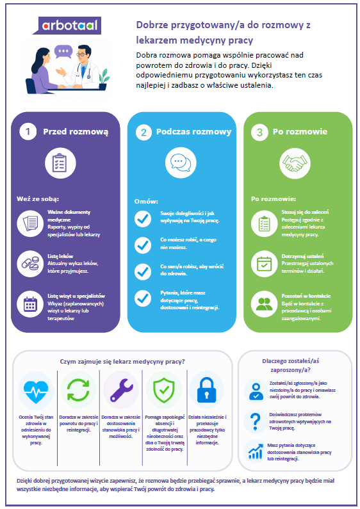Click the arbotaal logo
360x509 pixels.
coord(67,26)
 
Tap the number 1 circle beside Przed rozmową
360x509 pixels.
coord(28,132)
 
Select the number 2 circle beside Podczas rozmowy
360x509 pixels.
coord(143,133)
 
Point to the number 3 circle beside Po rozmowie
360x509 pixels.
coord(259,133)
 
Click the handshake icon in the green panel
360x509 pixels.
coord(295,163)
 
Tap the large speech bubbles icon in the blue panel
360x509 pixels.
coord(181,163)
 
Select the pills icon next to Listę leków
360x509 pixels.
coord(30,264)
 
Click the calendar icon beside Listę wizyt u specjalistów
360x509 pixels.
coord(30,304)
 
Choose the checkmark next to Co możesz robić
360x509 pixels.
coord(143,245)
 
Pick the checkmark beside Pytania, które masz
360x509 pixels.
coord(143,298)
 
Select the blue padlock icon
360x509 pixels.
coord(207,389)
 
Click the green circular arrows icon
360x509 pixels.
coord(78,390)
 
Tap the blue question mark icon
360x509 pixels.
coord(256,422)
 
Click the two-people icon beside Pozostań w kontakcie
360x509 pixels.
coord(265,304)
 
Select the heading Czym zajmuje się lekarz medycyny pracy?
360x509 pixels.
coord(122,362)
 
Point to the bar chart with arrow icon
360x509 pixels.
coord(256,451)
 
